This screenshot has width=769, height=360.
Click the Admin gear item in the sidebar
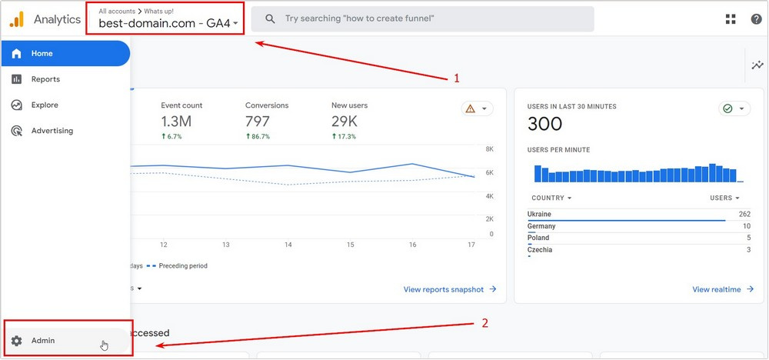tap(42, 340)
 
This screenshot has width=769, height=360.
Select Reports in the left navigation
tap(45, 79)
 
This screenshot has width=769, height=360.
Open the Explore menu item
tap(45, 105)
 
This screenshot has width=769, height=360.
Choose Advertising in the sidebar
tap(52, 131)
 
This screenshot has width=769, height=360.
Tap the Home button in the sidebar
tap(42, 54)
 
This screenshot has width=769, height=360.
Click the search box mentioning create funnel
tap(423, 18)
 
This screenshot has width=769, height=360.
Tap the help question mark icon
tap(756, 19)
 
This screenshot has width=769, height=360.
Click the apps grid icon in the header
tap(731, 19)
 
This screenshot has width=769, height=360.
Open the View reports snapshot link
tap(450, 289)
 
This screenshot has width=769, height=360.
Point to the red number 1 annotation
tap(457, 78)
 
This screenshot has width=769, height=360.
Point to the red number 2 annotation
tap(484, 323)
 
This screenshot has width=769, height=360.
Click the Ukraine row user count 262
tap(744, 214)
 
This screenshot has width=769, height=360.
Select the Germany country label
tap(541, 226)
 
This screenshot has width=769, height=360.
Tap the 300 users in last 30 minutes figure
tap(545, 123)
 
